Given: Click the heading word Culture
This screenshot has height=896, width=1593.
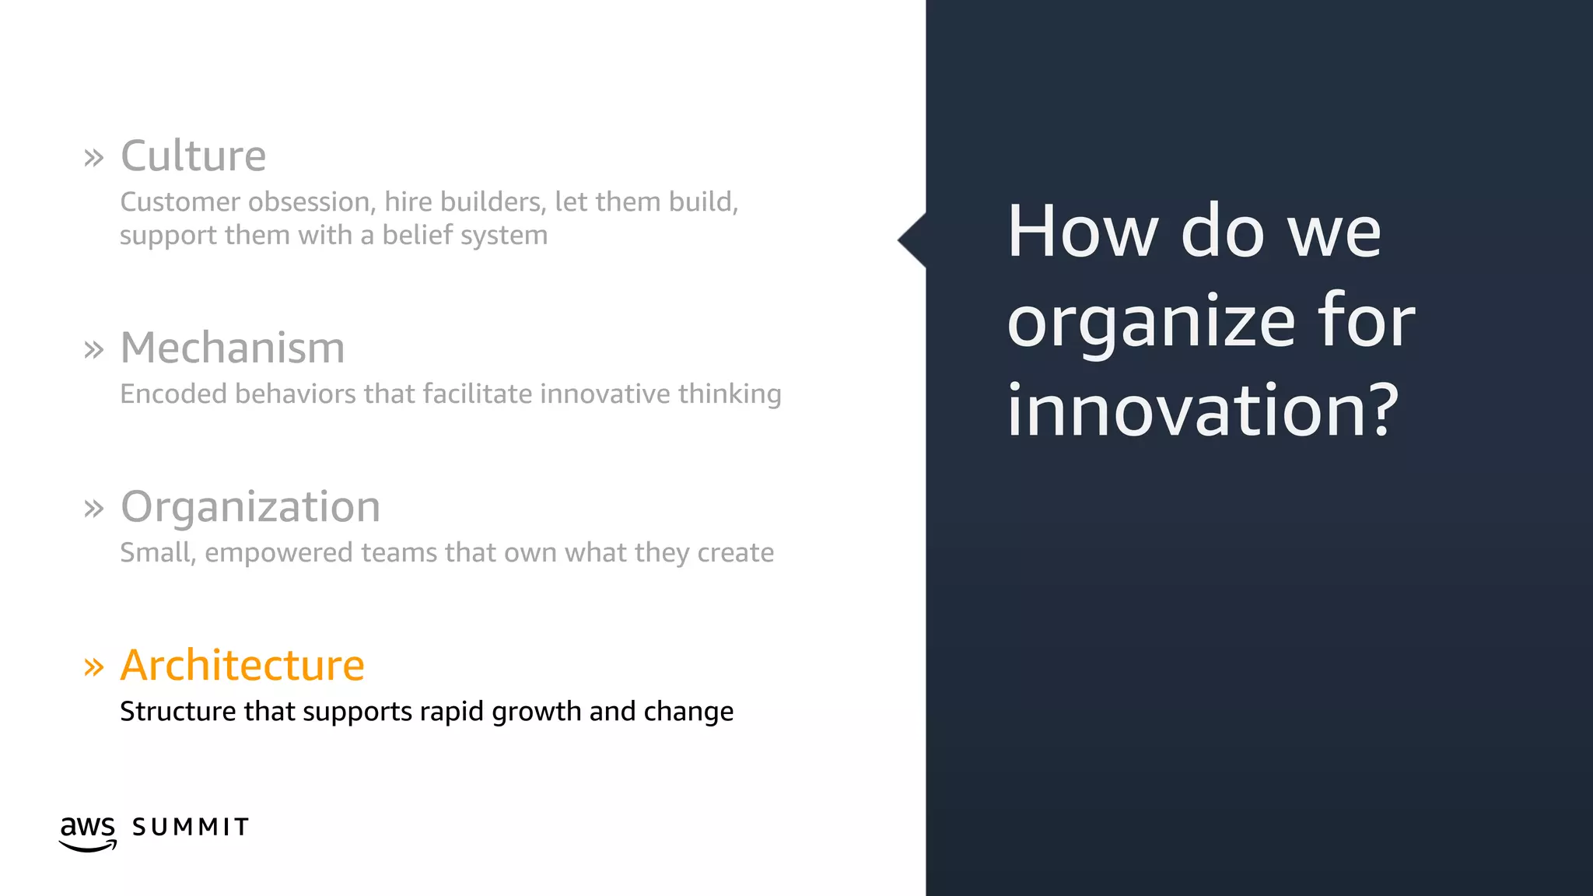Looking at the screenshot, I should click(x=193, y=156).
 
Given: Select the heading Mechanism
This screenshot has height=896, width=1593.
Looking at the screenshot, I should click(x=233, y=348).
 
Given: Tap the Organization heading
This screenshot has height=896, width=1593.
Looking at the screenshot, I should click(x=250, y=506).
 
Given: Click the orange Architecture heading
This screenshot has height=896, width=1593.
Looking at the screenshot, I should click(x=242, y=665).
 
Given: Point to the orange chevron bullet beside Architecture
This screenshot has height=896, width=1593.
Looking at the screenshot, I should click(x=93, y=667).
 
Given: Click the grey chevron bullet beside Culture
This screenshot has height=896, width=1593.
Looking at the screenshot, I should click(x=93, y=158).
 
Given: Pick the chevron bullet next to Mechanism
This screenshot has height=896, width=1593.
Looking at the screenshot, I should click(x=93, y=350).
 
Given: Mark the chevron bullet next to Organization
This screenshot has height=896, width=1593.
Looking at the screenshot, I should click(x=93, y=509).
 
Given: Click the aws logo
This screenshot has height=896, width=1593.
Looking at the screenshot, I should click(x=88, y=832).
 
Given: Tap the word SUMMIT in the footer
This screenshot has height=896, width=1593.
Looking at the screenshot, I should click(x=191, y=827).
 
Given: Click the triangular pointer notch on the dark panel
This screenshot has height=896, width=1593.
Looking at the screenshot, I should click(x=913, y=240).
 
